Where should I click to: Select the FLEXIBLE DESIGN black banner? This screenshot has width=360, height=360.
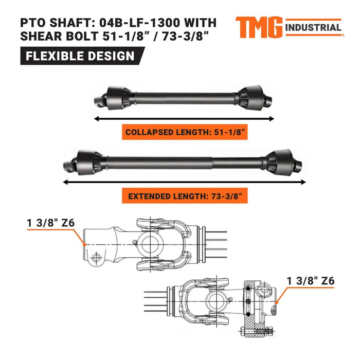coord(80,56)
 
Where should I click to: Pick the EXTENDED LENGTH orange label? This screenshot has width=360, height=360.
coord(185,196)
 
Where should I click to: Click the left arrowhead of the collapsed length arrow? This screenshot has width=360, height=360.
coord(96,118)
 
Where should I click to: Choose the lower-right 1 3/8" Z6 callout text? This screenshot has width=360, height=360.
coord(312,281)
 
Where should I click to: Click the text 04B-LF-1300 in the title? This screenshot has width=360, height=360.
coord(149,23)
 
